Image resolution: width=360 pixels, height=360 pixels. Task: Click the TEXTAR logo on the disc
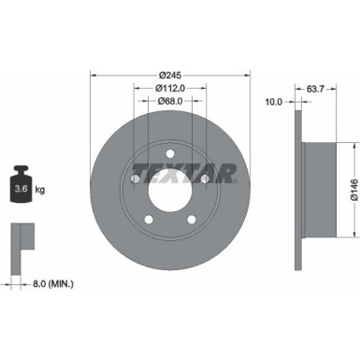[184, 173]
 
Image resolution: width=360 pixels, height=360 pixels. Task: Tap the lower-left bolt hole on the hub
[148, 220]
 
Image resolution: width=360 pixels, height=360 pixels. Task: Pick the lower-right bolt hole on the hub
[193, 220]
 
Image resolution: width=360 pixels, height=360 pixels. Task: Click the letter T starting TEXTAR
[138, 173]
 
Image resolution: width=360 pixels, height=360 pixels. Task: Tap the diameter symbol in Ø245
[161, 74]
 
